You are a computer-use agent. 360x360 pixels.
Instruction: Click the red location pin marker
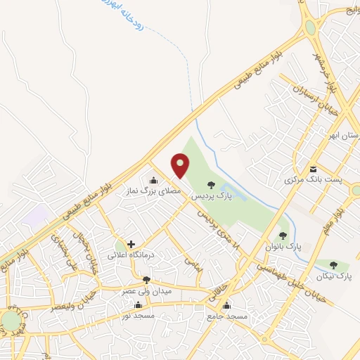(181, 166)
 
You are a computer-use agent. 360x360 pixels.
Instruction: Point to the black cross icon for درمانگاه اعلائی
(131, 244)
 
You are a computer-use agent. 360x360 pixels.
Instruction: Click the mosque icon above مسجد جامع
(226, 306)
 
